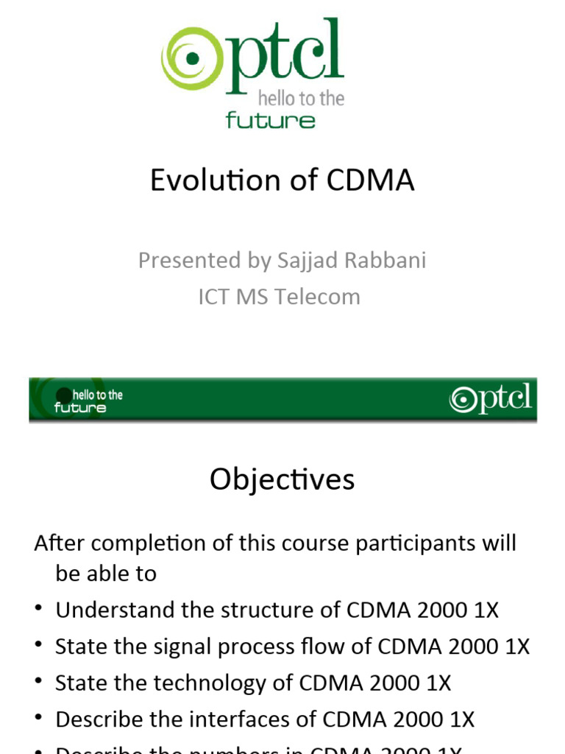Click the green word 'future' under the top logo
[x=271, y=121]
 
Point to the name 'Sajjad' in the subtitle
[x=306, y=261]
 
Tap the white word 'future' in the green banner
[x=79, y=408]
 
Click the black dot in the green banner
[x=64, y=395]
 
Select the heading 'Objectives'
[x=282, y=480]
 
